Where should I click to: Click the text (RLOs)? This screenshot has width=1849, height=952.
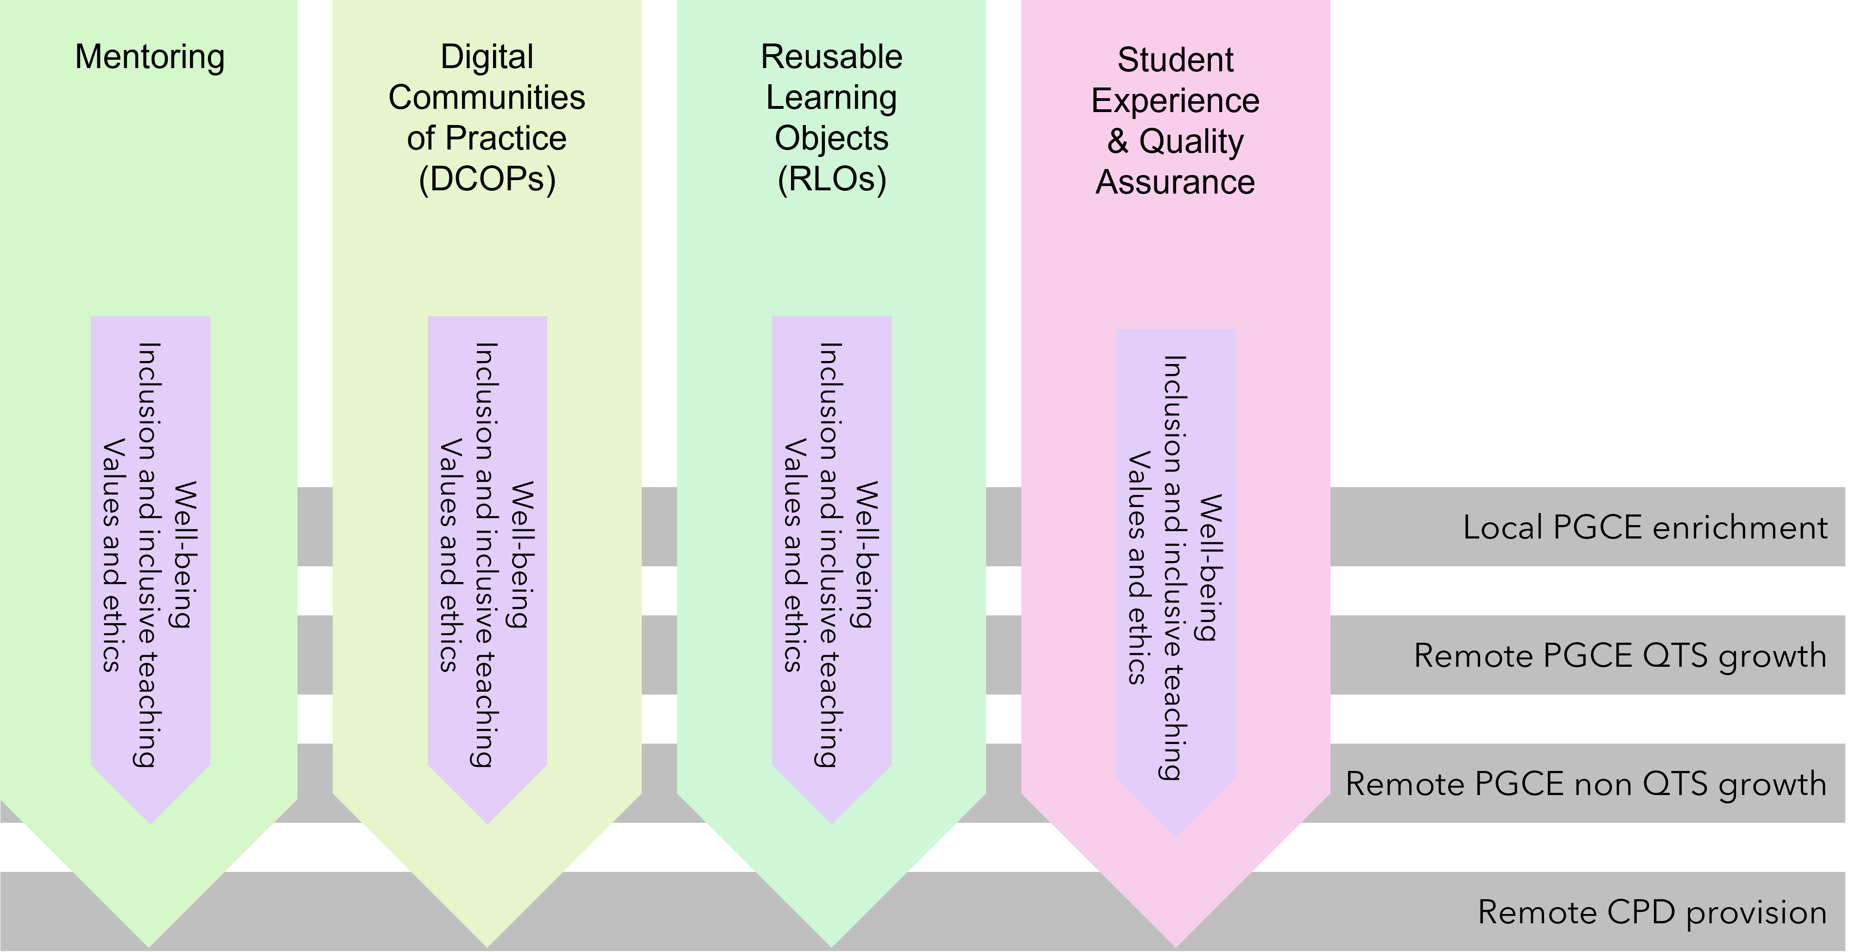831,179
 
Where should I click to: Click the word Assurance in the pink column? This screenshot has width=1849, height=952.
1175,182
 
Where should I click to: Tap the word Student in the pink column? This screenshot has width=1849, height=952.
1175,60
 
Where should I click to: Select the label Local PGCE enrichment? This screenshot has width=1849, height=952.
1645,528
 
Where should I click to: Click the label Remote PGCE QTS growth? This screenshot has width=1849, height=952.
1619,656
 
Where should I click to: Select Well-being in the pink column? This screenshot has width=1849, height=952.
1211,567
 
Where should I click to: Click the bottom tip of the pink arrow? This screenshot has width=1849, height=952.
1176,941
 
